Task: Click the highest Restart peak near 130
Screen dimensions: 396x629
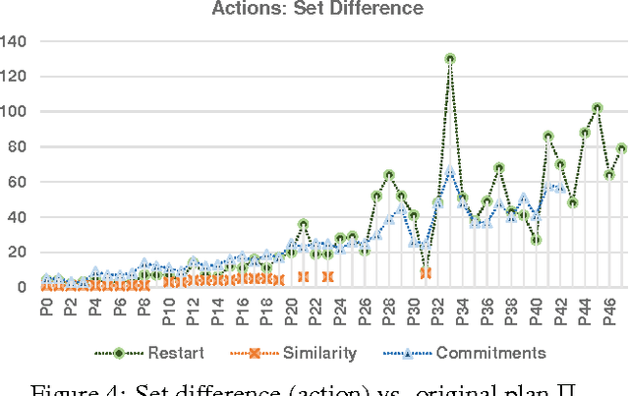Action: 450,59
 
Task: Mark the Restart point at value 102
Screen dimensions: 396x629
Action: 597,108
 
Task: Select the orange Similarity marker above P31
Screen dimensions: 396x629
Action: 426,273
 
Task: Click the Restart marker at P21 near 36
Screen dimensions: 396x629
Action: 303,224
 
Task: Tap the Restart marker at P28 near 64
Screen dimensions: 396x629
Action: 389,175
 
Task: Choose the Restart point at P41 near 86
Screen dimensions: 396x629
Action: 547,137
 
